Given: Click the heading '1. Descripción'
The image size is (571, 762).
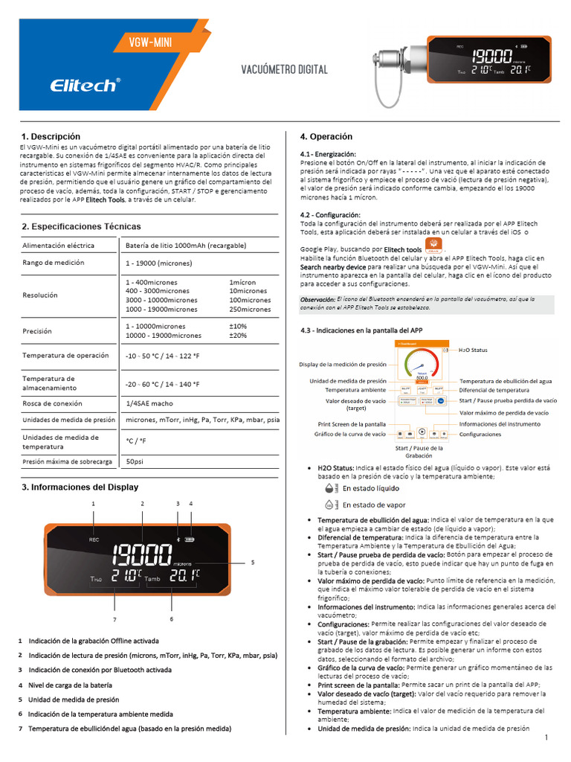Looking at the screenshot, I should tap(51, 136).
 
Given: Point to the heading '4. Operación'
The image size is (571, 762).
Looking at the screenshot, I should tap(326, 137).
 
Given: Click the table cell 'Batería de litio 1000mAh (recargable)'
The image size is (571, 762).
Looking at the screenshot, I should tap(186, 245).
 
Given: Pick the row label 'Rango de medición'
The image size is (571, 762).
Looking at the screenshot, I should tap(53, 263).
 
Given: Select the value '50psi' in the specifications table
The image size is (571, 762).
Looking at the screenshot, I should tap(135, 461).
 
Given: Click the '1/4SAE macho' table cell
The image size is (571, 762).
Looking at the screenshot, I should tap(149, 403).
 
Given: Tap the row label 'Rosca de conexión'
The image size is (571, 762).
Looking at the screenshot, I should tap(53, 403).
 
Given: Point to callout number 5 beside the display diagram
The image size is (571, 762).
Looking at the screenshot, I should tap(253, 562).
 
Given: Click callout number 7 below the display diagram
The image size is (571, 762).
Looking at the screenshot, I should tap(114, 619).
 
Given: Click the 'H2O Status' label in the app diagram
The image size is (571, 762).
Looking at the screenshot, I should tap(473, 350).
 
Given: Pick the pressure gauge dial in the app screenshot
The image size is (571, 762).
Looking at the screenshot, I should tap(421, 365).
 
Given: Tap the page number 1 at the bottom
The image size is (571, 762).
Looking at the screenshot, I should tap(546, 737).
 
